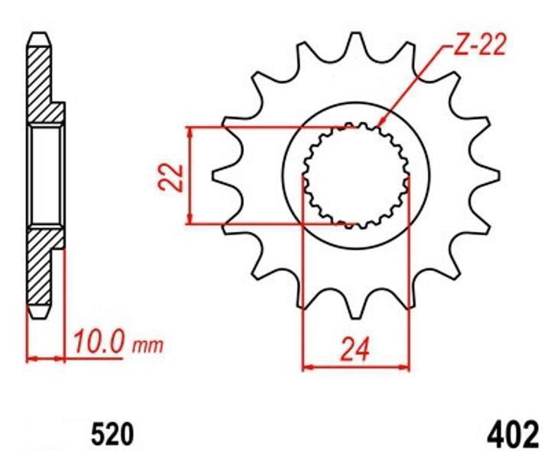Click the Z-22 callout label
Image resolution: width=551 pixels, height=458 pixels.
(479, 46)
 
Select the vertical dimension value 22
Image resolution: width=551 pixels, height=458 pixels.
(170, 177)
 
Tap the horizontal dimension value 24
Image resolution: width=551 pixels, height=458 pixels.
(355, 350)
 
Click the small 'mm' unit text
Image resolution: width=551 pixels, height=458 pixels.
(147, 346)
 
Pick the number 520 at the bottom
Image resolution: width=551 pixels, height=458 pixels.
(113, 434)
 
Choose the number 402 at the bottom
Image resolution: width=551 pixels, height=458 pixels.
(513, 434)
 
